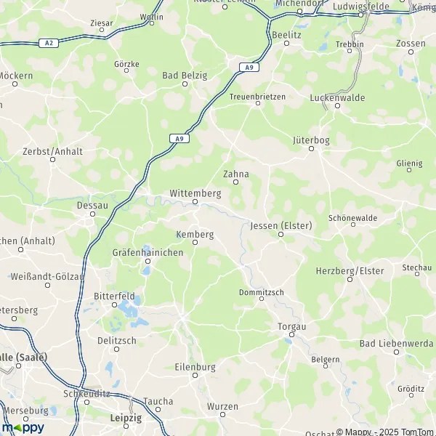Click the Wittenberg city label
pos(194,193)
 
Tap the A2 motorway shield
pos(49,43)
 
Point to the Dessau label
pos(92,206)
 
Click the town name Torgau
pos(292,327)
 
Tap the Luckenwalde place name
pos(337,97)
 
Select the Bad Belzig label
pos(185,75)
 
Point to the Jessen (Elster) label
pos(280,226)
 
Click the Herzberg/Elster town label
pos(350,271)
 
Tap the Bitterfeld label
pos(113,296)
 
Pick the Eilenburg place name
pos(195,367)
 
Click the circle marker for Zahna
pos(235,182)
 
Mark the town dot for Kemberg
pos(195,243)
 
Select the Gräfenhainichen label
pos(147,252)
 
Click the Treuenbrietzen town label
pos(257,96)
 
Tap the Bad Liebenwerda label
pos(396,342)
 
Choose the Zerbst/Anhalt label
pos(53,151)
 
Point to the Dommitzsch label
pos(262,292)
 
